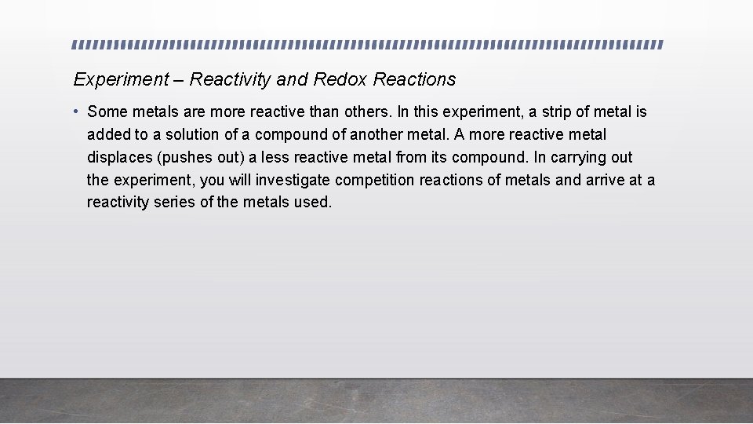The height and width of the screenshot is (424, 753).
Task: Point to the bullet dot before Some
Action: (x=77, y=112)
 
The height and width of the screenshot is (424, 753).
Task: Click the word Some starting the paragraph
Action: (x=107, y=112)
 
